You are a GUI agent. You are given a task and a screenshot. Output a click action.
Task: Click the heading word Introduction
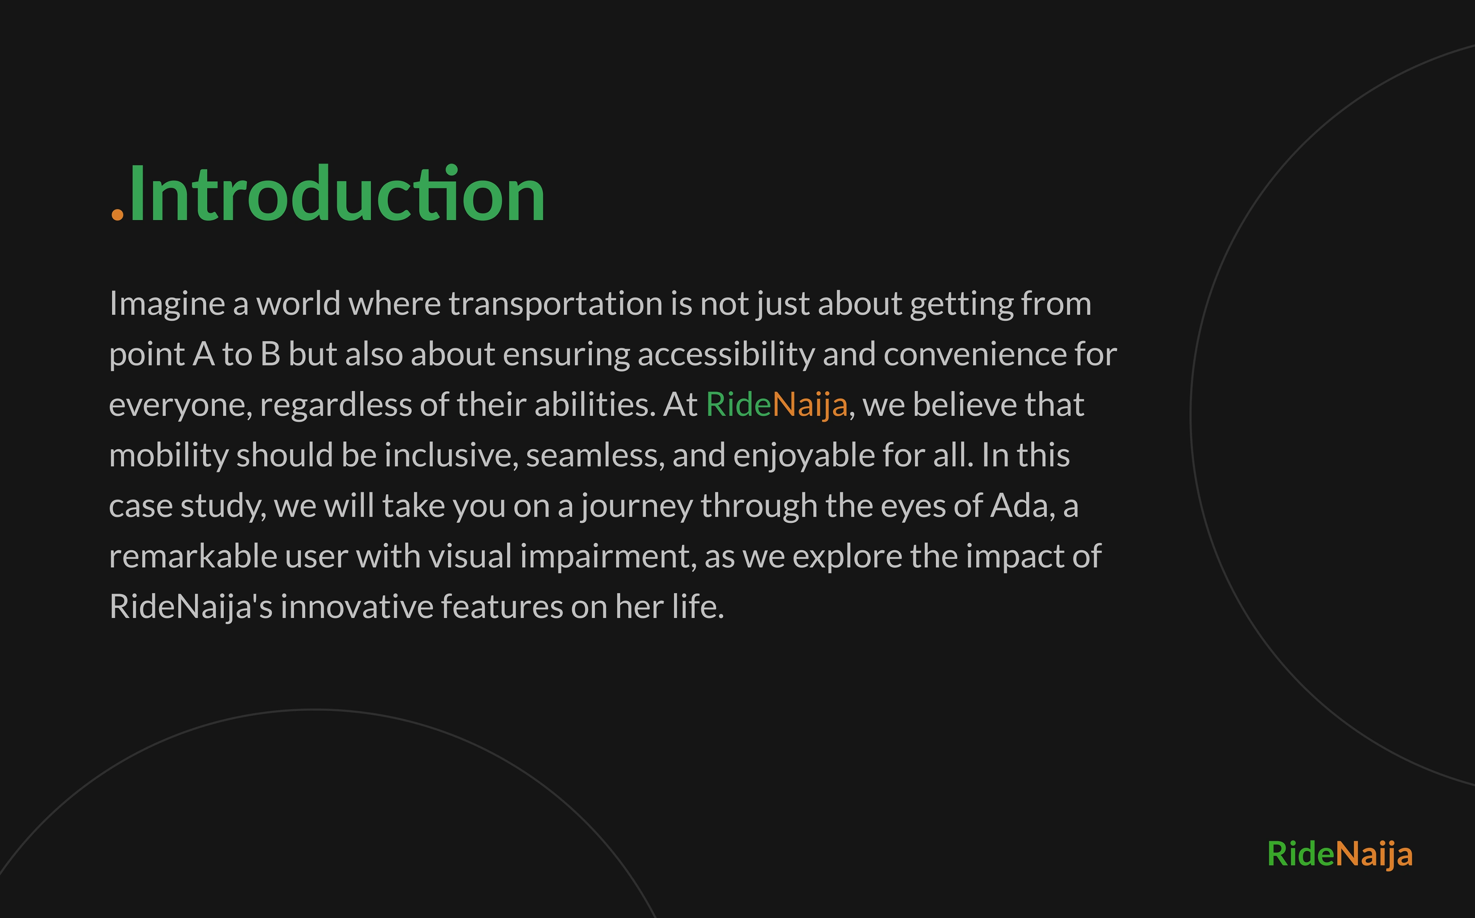(x=338, y=194)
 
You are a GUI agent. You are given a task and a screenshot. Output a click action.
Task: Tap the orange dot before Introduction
(x=117, y=214)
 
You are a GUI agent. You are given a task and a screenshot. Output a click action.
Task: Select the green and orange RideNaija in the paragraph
(x=776, y=405)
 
